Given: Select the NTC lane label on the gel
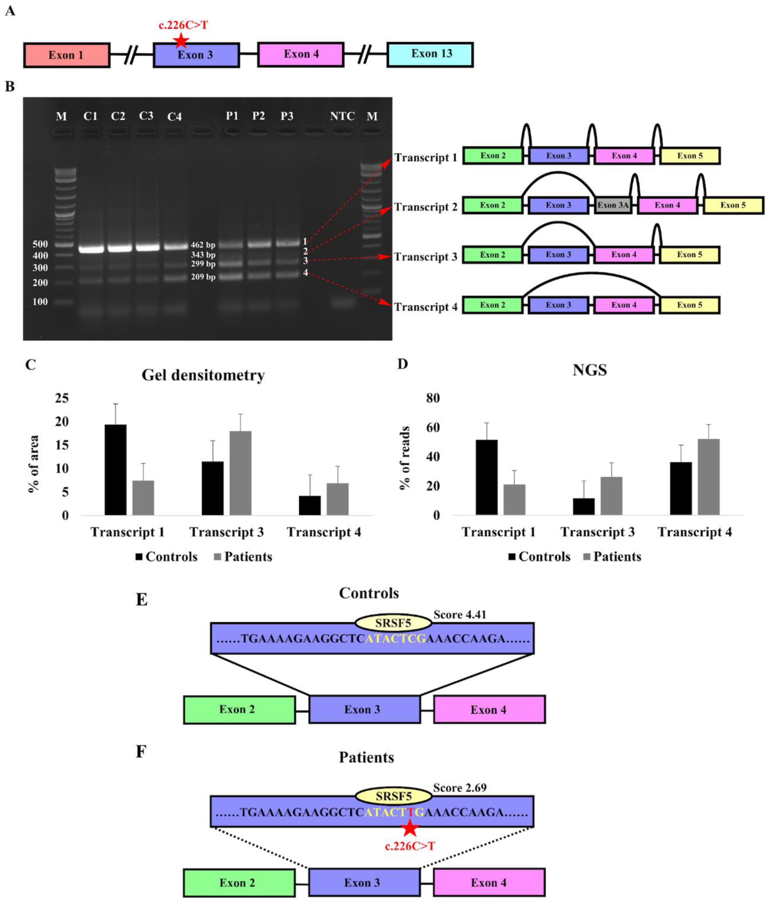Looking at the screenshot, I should coord(342,116).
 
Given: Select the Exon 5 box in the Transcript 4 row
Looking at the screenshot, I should coord(689,305).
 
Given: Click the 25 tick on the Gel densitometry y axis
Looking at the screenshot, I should coord(62,398).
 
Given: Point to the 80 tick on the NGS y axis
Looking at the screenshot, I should coord(433,398).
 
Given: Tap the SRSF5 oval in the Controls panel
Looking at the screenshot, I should coord(393,623).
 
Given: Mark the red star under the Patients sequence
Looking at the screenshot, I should coord(409,828).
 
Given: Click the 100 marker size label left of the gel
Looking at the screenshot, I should coord(40,301).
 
